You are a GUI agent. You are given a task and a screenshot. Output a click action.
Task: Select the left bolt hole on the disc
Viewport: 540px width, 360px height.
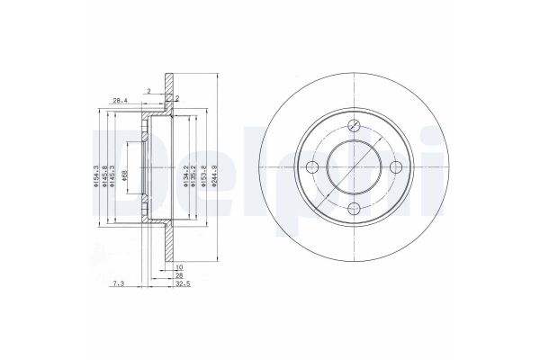tap(312, 167)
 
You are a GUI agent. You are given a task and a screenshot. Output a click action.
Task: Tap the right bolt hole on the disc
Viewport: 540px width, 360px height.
tap(396, 167)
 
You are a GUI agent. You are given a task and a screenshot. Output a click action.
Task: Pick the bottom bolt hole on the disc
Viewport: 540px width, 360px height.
tap(354, 209)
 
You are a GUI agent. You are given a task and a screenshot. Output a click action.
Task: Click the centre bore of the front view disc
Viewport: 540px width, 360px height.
tap(354, 167)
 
